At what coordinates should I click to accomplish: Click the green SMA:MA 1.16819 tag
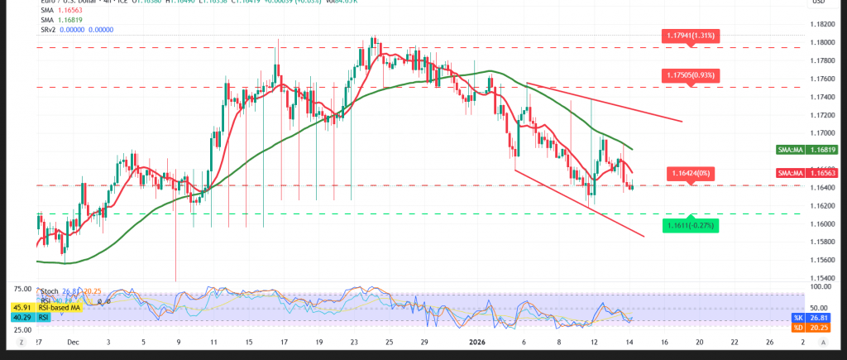(x=808, y=150)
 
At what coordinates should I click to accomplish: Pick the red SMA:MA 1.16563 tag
(x=808, y=173)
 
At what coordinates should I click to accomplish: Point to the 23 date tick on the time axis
(x=354, y=341)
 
